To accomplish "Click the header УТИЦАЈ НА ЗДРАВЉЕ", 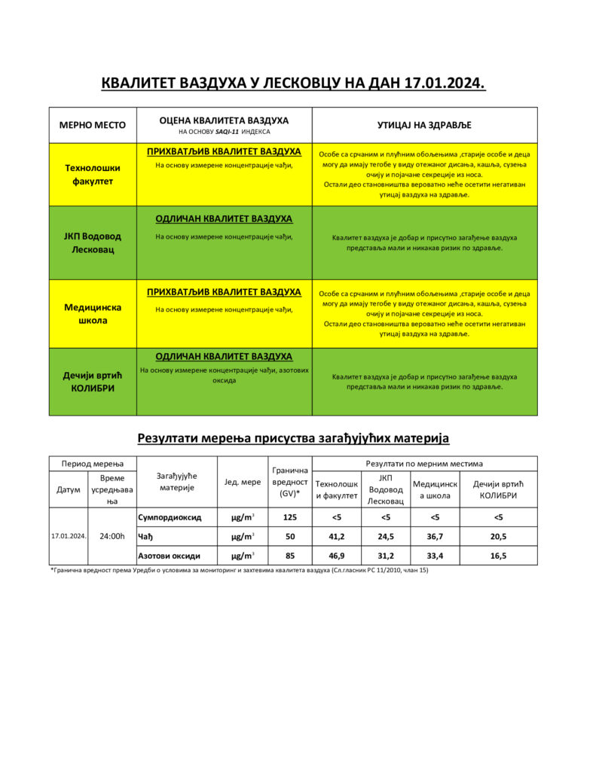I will tap(424, 125).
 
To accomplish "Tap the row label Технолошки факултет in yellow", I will tap(93, 175).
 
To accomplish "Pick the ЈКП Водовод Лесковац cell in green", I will tap(93, 242).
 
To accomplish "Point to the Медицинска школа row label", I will tap(93, 313).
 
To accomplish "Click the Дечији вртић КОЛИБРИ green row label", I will tap(93, 382).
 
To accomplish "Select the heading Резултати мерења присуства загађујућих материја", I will tap(293, 437).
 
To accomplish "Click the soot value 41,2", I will tap(336, 536).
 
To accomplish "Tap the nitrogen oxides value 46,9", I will tap(336, 556).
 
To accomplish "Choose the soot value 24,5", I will tap(385, 536).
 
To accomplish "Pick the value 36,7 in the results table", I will tap(435, 536).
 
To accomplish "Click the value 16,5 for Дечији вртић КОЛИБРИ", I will tap(498, 556).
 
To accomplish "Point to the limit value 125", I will tap(289, 517).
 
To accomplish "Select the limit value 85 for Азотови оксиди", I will tap(289, 556).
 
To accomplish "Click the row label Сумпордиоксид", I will tap(170, 517).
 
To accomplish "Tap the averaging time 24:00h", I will tap(112, 536).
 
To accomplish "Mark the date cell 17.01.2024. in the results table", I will tap(69, 536).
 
